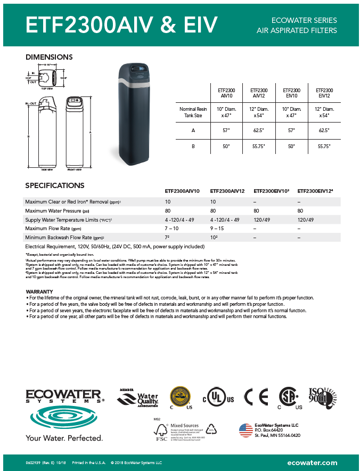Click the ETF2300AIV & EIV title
pos(122,25)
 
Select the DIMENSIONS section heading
pos(49,57)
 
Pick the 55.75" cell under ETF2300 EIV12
pos(324,146)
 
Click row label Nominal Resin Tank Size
pos(193,111)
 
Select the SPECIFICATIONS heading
pos(55,185)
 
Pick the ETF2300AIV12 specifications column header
pos(228,191)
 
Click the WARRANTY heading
pos(39,291)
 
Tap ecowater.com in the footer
pos(312,462)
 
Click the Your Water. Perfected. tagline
pos(64,437)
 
